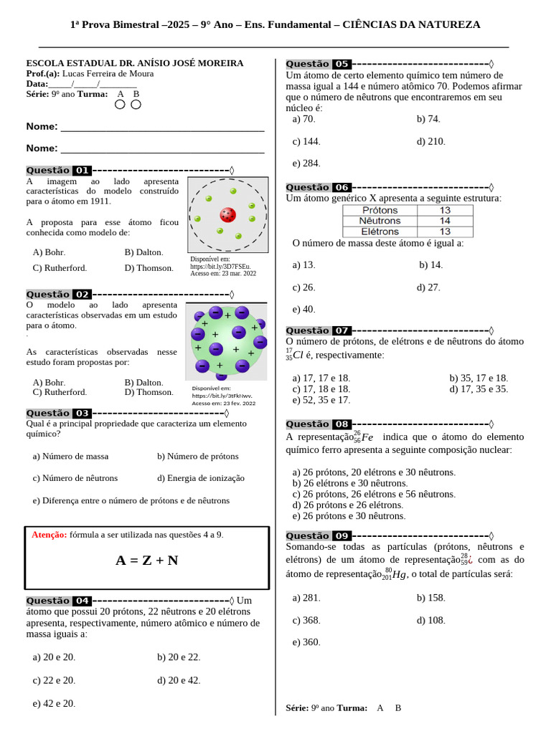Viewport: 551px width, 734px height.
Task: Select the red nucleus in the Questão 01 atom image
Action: (228, 214)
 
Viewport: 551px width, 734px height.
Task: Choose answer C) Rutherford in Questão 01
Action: (60, 268)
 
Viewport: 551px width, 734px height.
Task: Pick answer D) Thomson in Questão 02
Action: (149, 392)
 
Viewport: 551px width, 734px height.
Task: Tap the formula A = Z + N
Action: (147, 561)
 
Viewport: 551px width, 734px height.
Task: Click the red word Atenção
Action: (50, 535)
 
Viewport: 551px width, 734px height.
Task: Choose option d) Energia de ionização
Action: (201, 478)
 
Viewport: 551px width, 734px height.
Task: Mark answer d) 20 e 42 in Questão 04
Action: (179, 680)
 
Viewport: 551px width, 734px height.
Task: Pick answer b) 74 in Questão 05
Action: (428, 119)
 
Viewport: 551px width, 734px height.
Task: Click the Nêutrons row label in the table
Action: (380, 221)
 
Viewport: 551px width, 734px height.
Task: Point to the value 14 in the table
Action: (445, 221)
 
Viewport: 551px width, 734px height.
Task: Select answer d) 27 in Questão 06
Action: (428, 287)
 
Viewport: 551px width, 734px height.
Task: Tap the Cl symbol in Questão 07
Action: (298, 355)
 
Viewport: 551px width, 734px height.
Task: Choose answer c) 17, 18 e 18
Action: (321, 389)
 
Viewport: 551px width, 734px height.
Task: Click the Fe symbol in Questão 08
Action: (367, 437)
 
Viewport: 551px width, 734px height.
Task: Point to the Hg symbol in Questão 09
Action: (400, 574)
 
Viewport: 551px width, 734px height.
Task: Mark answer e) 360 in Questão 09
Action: (306, 642)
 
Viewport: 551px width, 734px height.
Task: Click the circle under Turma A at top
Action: (120, 105)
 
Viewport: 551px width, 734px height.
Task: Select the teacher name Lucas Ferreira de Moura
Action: (108, 74)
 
